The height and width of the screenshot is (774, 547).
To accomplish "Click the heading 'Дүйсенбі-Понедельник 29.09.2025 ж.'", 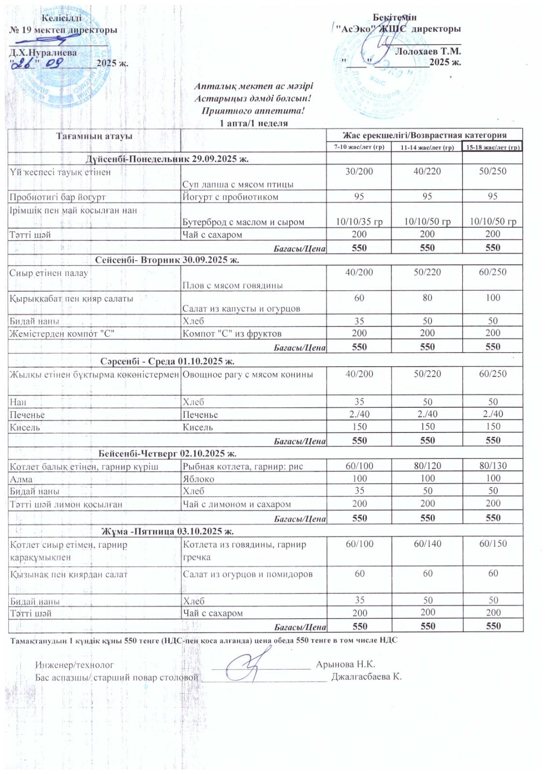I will click(167, 159).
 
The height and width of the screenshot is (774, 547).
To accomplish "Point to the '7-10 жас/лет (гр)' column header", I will click(359, 147).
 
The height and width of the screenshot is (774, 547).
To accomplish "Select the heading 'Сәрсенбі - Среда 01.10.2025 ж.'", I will click(167, 361).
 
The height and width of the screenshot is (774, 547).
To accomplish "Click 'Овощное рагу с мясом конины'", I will click(248, 374).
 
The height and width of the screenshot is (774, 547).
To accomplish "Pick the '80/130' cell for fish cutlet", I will click(493, 466).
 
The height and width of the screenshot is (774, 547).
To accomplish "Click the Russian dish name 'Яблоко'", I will click(198, 479).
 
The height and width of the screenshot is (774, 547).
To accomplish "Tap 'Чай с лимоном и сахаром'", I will click(237, 504).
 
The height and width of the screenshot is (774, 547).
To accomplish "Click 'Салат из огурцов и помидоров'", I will click(248, 574).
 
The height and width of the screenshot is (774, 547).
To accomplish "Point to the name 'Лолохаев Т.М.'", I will click(428, 51).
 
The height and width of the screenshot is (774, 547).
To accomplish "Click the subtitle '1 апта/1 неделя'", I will click(253, 123).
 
